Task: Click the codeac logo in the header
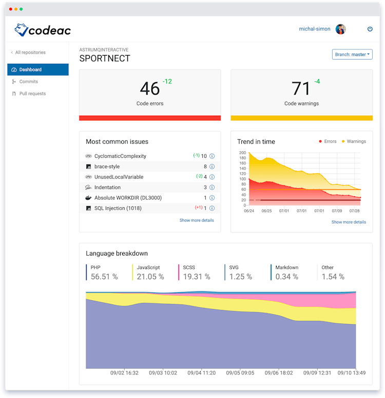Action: point(43,30)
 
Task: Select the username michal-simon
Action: point(315,29)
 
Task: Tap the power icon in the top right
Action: point(370,29)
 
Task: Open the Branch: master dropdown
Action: point(352,55)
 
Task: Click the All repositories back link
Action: point(28,52)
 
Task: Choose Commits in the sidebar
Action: point(29,82)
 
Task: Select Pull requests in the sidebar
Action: point(32,94)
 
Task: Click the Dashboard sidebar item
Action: point(30,69)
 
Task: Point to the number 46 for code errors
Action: point(149,89)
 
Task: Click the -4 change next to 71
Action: point(317,82)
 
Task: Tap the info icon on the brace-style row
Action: point(211,167)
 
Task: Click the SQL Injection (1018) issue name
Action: point(118,208)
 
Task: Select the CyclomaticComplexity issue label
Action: point(120,156)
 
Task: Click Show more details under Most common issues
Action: point(197,221)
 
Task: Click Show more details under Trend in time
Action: point(349,222)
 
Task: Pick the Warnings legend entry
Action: point(356,141)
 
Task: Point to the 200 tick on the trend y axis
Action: point(243,153)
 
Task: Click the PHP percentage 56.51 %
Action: point(104,277)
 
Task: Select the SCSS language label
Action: point(189,267)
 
